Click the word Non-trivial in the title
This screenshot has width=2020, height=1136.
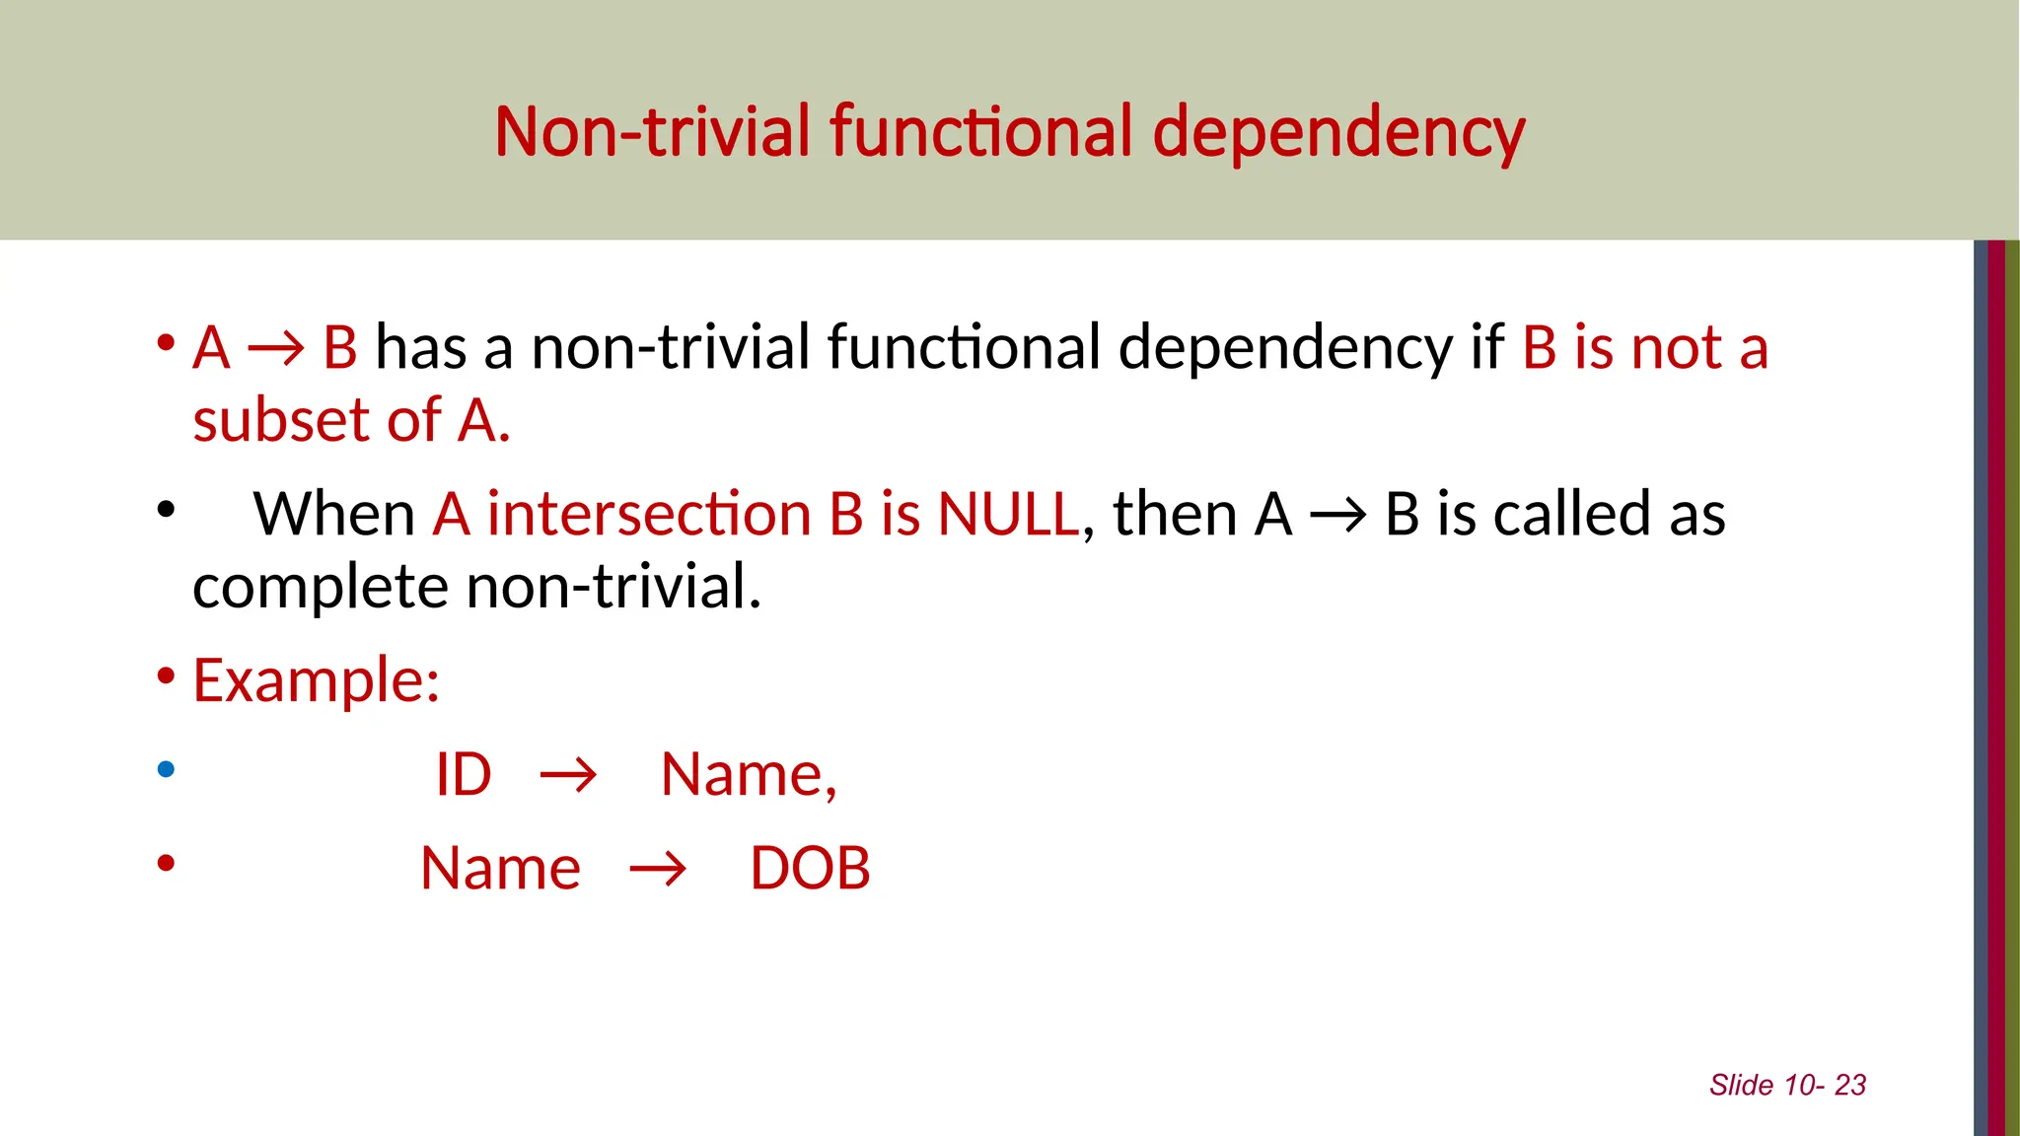point(652,132)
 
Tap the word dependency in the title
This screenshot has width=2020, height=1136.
point(1338,132)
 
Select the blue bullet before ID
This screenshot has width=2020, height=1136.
point(166,769)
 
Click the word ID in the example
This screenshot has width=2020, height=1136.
point(464,775)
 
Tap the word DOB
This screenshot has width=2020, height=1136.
point(810,869)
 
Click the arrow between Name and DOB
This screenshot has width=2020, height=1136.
point(658,870)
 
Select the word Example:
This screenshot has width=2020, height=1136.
point(317,680)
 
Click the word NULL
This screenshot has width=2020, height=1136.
point(1008,515)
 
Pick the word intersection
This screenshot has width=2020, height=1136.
point(648,515)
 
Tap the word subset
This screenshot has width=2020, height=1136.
point(281,421)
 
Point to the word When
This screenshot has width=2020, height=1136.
point(334,515)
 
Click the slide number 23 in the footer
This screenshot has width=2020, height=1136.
point(1850,1086)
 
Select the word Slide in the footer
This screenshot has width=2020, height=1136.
point(1741,1086)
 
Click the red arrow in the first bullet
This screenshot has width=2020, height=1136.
point(276,349)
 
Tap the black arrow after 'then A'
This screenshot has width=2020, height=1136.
point(1338,515)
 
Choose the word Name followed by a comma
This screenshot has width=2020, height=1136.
point(748,775)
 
